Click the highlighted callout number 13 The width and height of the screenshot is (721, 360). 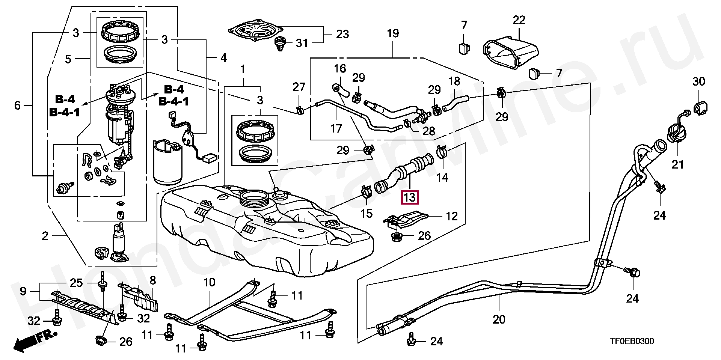410,197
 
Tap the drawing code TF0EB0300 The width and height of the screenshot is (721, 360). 631,341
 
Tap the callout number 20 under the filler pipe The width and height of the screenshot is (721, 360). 499,319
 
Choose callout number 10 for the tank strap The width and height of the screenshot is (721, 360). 209,282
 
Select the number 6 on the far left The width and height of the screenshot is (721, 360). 17,105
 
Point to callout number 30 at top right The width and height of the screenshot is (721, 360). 698,81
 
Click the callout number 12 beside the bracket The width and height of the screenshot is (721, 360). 452,216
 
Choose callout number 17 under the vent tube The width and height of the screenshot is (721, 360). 336,129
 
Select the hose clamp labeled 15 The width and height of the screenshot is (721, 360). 366,193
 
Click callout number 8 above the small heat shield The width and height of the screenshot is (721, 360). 152,280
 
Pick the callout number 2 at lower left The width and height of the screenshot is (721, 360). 45,236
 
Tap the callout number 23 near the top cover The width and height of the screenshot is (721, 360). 342,35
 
